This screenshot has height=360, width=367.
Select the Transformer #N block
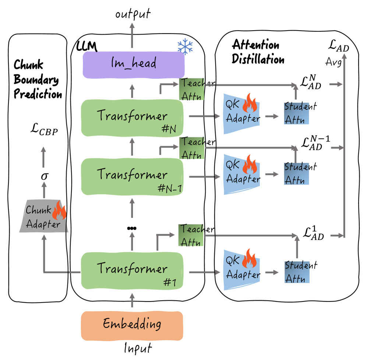(131, 117)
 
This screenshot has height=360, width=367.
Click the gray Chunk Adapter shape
(44, 217)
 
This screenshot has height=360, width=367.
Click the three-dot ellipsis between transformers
(131, 229)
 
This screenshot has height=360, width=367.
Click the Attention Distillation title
(258, 52)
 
